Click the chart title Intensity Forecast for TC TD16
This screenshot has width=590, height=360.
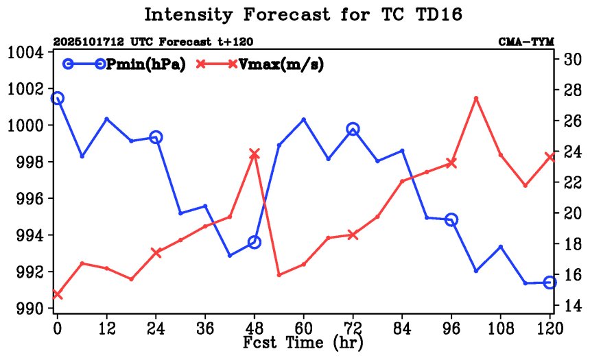294,14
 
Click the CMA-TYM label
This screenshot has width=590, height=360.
526,42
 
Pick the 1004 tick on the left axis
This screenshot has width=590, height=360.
25,53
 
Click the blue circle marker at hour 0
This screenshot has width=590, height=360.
58,98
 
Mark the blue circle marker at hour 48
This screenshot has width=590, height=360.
255,242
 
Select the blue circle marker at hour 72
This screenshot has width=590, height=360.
353,129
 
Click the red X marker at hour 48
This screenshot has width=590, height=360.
255,154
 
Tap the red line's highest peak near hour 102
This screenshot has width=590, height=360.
476,98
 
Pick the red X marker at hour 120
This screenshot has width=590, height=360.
550,157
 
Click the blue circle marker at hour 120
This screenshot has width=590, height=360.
550,283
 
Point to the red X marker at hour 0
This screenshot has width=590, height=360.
58,295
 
